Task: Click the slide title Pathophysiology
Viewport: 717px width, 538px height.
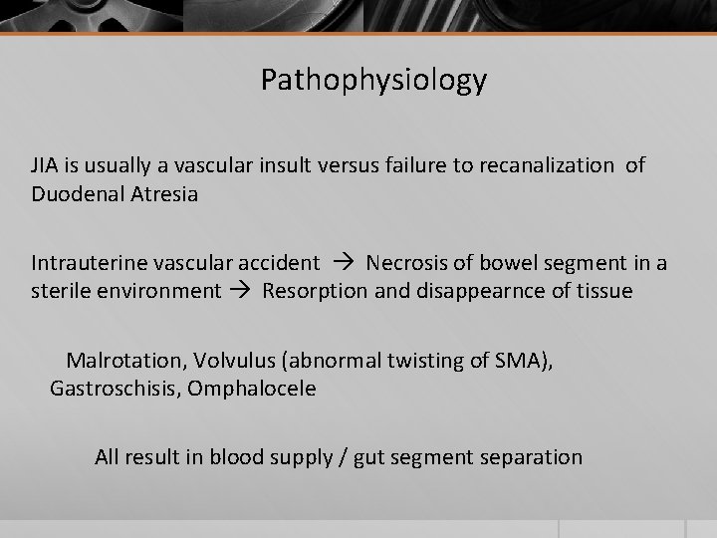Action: click(373, 81)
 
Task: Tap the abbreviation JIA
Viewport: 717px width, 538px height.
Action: click(45, 165)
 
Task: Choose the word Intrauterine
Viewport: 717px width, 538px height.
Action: click(90, 263)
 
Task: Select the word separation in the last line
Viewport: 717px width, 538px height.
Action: click(529, 457)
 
